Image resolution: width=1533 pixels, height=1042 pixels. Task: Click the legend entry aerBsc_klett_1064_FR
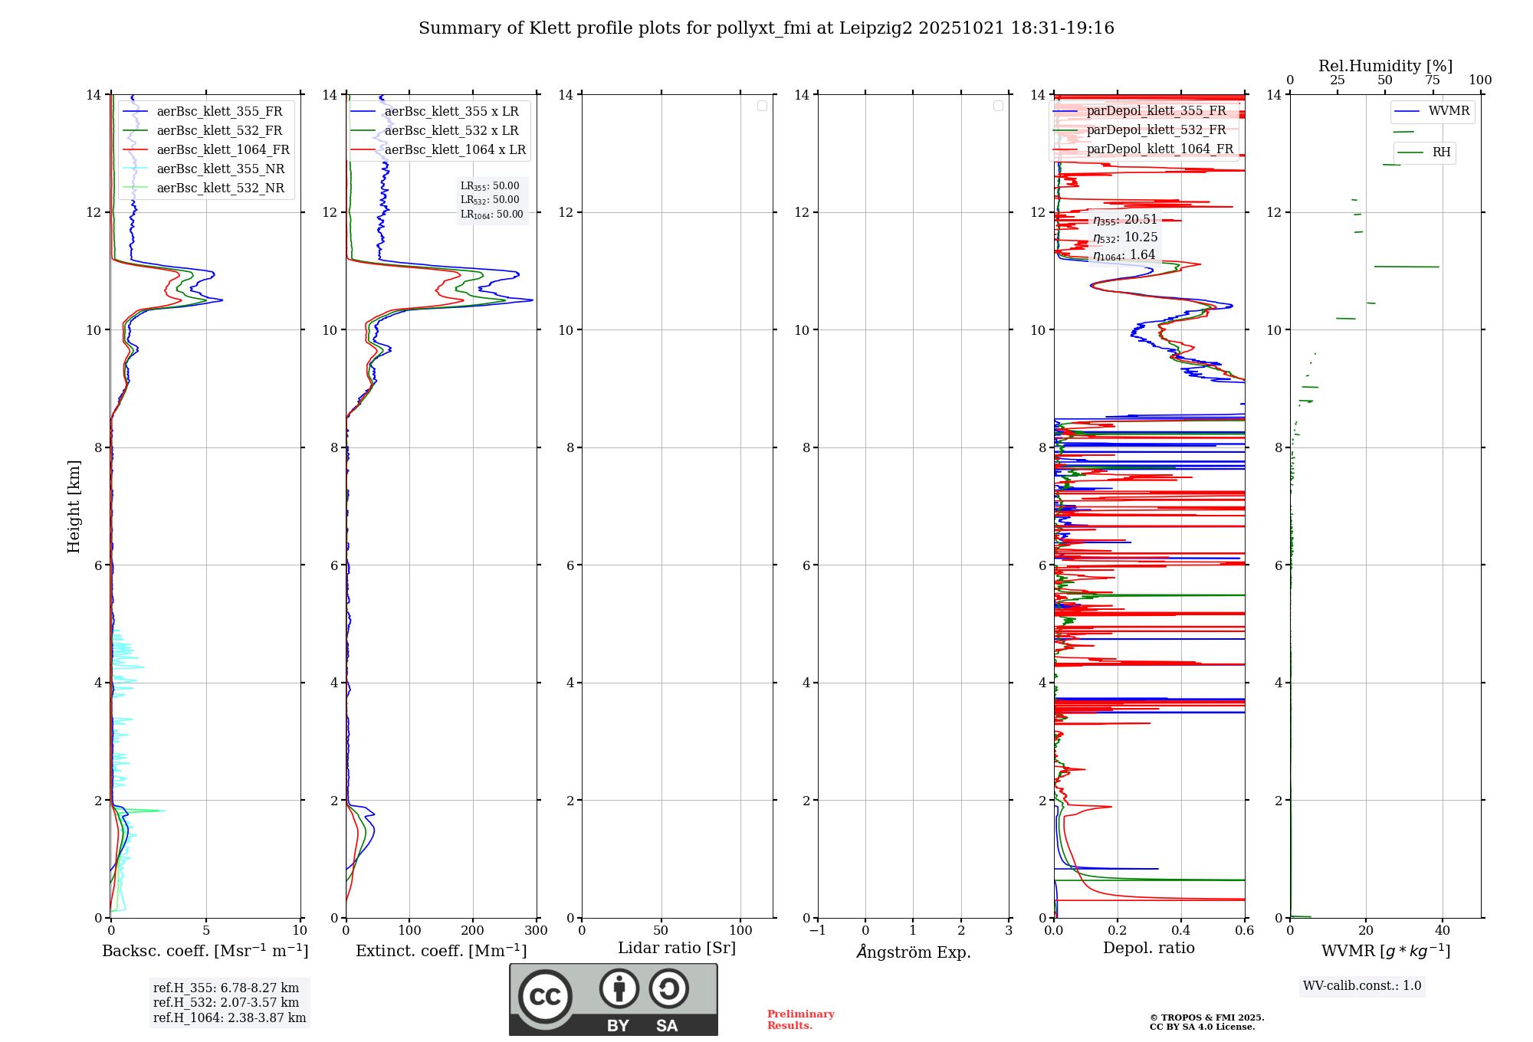[223, 150]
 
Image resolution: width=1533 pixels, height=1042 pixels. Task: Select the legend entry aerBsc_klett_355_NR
[220, 169]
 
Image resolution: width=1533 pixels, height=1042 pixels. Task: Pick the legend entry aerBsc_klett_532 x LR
[451, 131]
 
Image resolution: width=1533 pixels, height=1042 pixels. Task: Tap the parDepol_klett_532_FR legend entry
[1156, 130]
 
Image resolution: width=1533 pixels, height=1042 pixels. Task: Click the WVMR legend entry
[1449, 111]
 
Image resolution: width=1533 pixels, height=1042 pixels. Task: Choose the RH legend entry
[1441, 152]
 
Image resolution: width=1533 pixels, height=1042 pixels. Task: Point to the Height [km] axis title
[74, 506]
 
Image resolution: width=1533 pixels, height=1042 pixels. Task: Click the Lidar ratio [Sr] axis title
[677, 949]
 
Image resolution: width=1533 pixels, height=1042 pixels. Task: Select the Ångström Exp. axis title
[914, 952]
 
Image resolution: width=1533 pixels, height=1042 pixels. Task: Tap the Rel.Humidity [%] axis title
[1385, 66]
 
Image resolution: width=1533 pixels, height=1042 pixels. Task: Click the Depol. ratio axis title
[1148, 949]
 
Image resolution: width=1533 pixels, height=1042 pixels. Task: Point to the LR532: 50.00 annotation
[490, 200]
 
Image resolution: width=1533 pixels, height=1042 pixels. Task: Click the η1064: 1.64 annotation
[1124, 255]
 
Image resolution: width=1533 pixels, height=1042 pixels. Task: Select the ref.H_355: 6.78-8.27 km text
[226, 988]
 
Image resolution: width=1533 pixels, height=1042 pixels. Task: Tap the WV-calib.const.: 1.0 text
[1362, 986]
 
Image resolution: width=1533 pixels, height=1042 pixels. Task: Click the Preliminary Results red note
[800, 1020]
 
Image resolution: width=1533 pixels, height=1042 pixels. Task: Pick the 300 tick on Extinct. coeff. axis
[537, 931]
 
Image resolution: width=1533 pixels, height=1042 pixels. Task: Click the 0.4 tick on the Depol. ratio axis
[1181, 931]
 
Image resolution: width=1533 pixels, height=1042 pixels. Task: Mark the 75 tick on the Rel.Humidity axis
[1432, 80]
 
